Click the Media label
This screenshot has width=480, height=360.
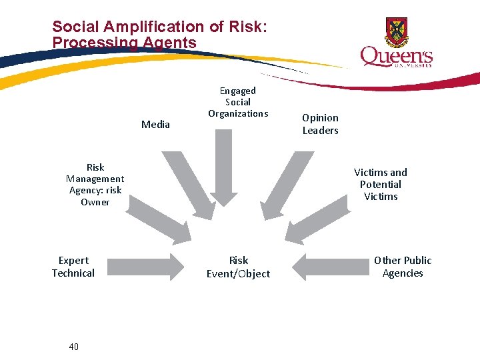point(155,124)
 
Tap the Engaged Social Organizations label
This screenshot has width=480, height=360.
point(238,102)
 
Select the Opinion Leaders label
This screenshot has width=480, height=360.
point(320,124)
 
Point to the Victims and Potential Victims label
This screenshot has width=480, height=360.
point(380,184)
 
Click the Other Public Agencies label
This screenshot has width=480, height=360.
point(403,267)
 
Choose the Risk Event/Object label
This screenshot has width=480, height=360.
point(238,267)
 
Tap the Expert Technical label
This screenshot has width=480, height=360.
point(73,267)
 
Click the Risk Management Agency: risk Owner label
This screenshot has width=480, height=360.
point(95,185)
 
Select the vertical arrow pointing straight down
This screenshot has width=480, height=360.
point(226,166)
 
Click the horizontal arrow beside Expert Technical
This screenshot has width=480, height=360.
point(145,267)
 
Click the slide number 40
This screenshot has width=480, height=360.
point(73,347)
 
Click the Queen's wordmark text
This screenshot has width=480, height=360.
point(396,57)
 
